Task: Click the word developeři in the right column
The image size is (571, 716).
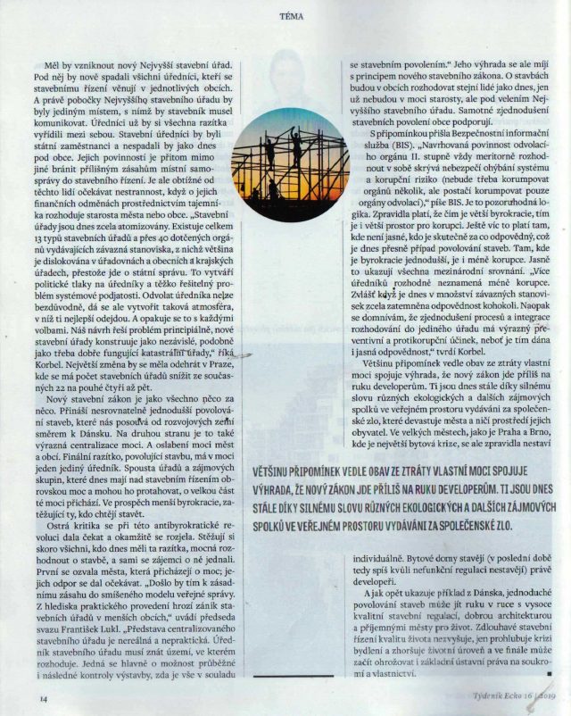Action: pos(368,579)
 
